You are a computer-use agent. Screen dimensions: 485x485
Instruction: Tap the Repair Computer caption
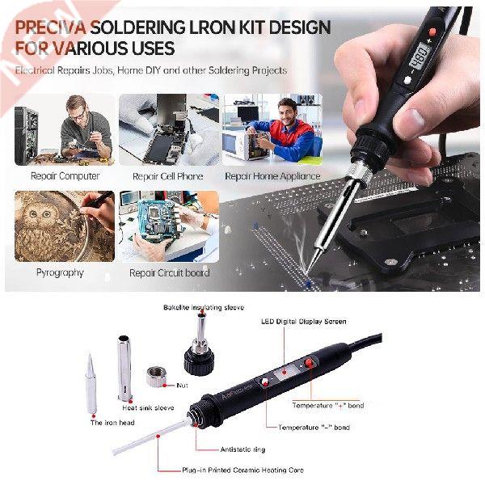click(65, 175)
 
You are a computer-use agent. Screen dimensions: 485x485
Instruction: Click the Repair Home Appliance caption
click(272, 175)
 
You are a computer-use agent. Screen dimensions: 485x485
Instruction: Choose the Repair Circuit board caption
click(170, 272)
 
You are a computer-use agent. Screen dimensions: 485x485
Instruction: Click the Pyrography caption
click(60, 272)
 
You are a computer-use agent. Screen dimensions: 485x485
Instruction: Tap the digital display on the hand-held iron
click(420, 58)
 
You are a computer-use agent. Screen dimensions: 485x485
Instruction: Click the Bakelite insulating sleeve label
click(203, 308)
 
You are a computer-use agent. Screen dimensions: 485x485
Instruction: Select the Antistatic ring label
click(242, 449)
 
